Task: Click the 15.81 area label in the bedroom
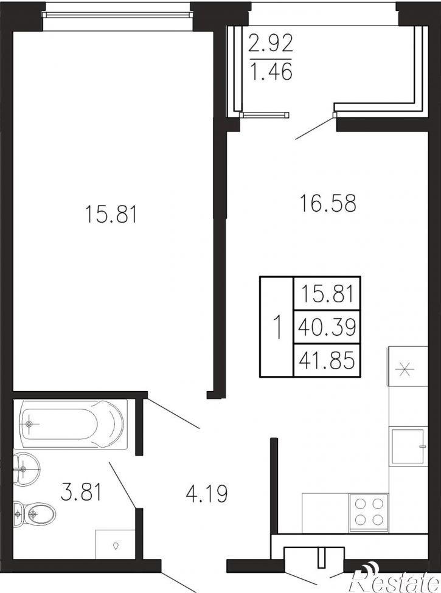(111, 214)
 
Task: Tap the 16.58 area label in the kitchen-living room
(328, 203)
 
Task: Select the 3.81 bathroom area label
(82, 493)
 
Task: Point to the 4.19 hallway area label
(206, 493)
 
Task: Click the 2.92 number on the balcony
(271, 43)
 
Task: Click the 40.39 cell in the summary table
(327, 327)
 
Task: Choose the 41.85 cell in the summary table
(327, 360)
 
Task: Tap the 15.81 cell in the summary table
(327, 294)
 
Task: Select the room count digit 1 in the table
(277, 327)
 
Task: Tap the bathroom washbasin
(27, 469)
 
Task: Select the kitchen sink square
(408, 446)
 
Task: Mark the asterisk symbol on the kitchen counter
(405, 369)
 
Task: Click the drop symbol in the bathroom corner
(116, 546)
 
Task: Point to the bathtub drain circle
(29, 424)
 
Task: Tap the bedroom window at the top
(117, 15)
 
